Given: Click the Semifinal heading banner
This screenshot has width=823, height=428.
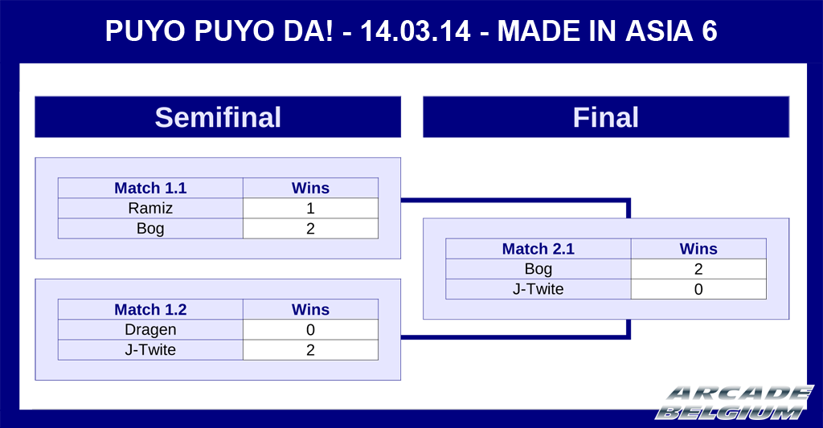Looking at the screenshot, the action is tap(218, 117).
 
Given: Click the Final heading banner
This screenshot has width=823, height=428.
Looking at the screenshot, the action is tap(606, 117).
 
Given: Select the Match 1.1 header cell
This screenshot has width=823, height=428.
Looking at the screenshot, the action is tap(150, 188).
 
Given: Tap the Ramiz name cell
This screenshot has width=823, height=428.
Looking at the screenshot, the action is tap(150, 208).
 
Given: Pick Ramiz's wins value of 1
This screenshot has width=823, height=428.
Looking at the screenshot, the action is tap(311, 208).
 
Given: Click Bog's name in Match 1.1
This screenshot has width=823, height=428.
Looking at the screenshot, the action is tap(150, 229).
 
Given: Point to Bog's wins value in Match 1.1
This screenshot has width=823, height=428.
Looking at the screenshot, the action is tap(311, 229).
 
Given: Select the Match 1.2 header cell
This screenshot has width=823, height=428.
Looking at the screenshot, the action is tap(150, 309).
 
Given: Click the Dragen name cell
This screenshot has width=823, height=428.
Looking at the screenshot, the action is tap(150, 330).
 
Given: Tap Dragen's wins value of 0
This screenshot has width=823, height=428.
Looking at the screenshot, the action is tap(311, 330).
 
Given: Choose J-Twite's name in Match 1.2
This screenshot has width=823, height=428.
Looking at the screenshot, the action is tap(150, 350).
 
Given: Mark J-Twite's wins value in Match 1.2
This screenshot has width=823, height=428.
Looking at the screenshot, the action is tap(311, 350).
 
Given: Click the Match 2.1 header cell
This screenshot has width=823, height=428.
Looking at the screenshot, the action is tap(538, 249).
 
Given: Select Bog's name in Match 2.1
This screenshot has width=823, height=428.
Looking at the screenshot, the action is tap(538, 269).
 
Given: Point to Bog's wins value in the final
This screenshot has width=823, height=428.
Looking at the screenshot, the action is tap(698, 269).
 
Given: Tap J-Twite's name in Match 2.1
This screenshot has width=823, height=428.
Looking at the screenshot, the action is tap(538, 289).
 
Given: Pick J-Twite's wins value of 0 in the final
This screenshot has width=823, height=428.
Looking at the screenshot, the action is tap(698, 289).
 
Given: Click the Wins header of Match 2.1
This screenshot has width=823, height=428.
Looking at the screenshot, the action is tap(698, 249).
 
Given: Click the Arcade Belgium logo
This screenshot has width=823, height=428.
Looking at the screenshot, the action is tap(735, 403).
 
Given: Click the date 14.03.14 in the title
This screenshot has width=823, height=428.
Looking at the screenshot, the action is tap(416, 31).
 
